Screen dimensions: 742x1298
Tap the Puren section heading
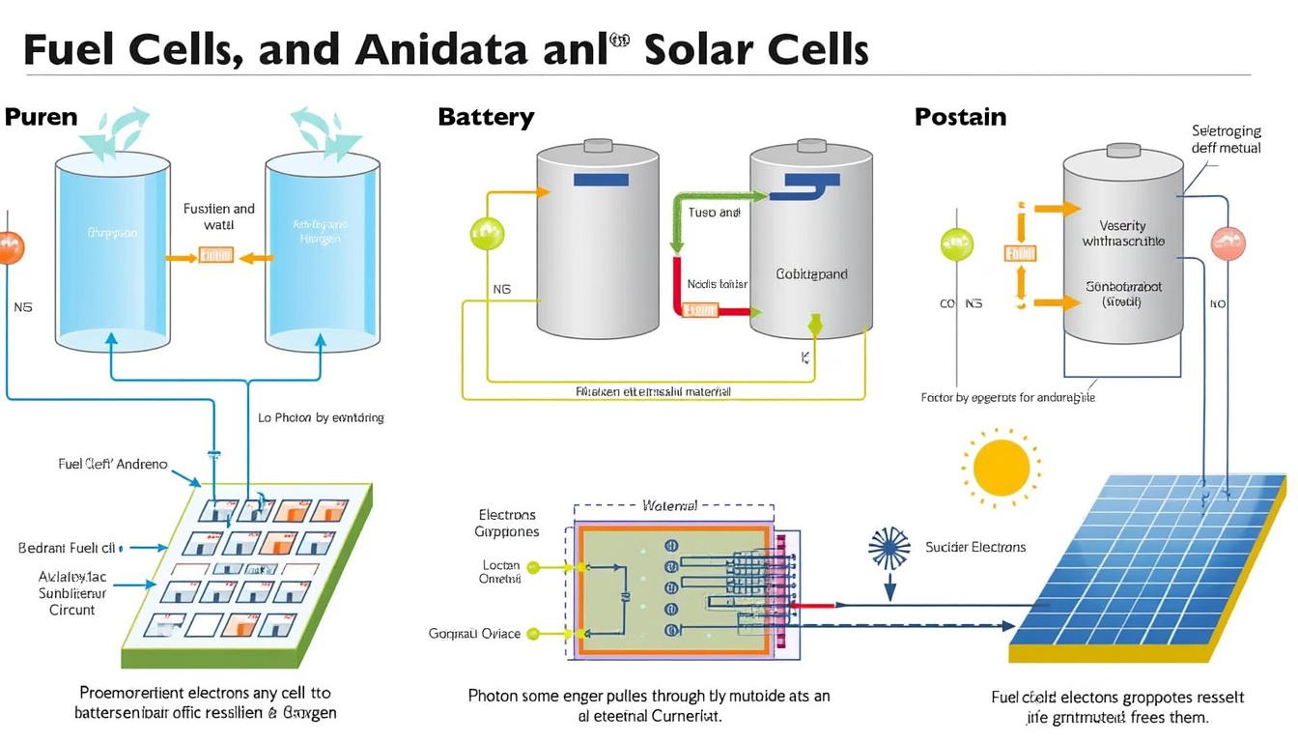coord(41,118)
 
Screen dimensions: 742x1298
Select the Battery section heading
coord(486,118)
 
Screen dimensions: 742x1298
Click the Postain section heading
coord(960,118)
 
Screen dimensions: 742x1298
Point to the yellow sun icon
coord(1001,469)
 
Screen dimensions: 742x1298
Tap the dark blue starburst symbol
coord(889,548)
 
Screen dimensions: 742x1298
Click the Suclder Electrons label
coord(975,547)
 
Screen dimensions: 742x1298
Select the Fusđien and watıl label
coord(219,216)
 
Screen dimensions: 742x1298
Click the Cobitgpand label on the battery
coord(811,274)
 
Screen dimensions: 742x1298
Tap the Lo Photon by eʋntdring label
coord(321,417)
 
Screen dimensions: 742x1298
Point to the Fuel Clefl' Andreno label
coord(113,464)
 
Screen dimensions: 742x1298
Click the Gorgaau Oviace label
coord(474,634)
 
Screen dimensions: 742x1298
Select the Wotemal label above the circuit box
coord(669,505)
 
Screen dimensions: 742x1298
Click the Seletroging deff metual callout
coord(1227,139)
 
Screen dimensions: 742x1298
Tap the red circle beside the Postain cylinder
coord(1229,243)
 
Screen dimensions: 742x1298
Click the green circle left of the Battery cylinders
coord(486,233)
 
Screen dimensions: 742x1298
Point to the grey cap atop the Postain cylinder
coord(1123,150)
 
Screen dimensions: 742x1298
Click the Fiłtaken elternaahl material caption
coord(653,392)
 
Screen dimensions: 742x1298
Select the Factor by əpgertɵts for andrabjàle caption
coord(1008,397)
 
